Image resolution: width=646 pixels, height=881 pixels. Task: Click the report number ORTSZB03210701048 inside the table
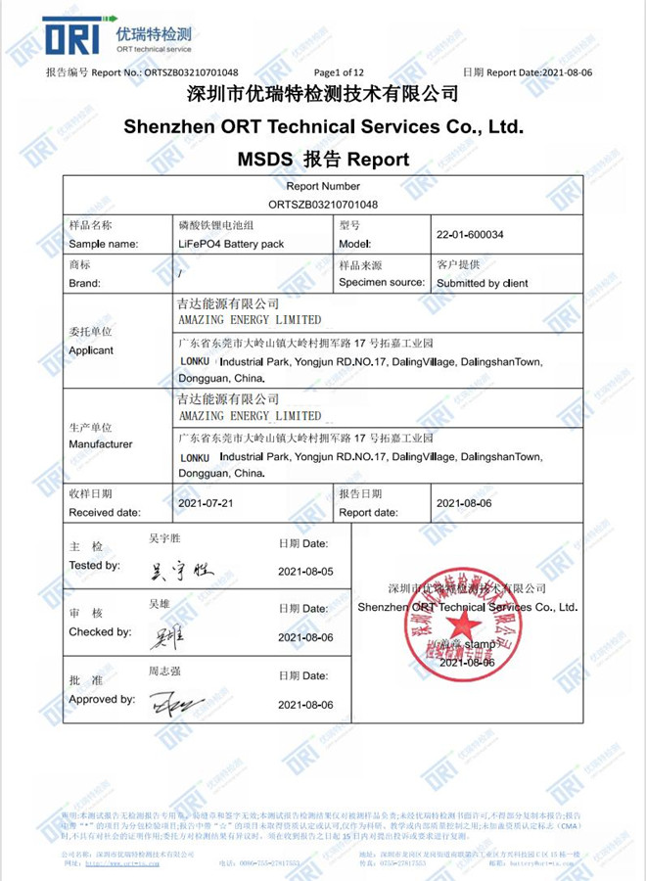(322, 204)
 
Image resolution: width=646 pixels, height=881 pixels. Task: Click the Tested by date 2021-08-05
(305, 571)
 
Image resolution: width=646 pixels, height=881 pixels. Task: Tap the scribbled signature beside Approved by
(176, 701)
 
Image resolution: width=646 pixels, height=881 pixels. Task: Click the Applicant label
(91, 349)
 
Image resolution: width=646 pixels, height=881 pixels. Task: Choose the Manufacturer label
(100, 443)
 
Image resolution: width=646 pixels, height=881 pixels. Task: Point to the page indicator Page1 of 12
(339, 72)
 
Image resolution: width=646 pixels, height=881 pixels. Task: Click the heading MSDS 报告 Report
(323, 159)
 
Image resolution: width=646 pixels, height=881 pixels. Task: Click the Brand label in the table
(85, 283)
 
